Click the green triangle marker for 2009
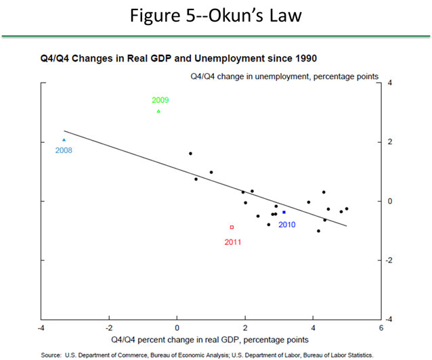(158, 111)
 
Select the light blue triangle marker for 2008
(64, 139)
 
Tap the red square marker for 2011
(232, 227)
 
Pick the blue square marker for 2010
(284, 212)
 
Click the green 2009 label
(160, 100)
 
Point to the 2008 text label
(64, 150)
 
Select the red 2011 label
(232, 241)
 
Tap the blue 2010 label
(286, 224)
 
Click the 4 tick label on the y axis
(389, 83)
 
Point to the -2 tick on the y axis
(389, 260)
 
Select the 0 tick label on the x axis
(177, 329)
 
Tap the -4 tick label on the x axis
(41, 329)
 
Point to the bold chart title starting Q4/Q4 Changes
(160, 59)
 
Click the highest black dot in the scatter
(190, 154)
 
